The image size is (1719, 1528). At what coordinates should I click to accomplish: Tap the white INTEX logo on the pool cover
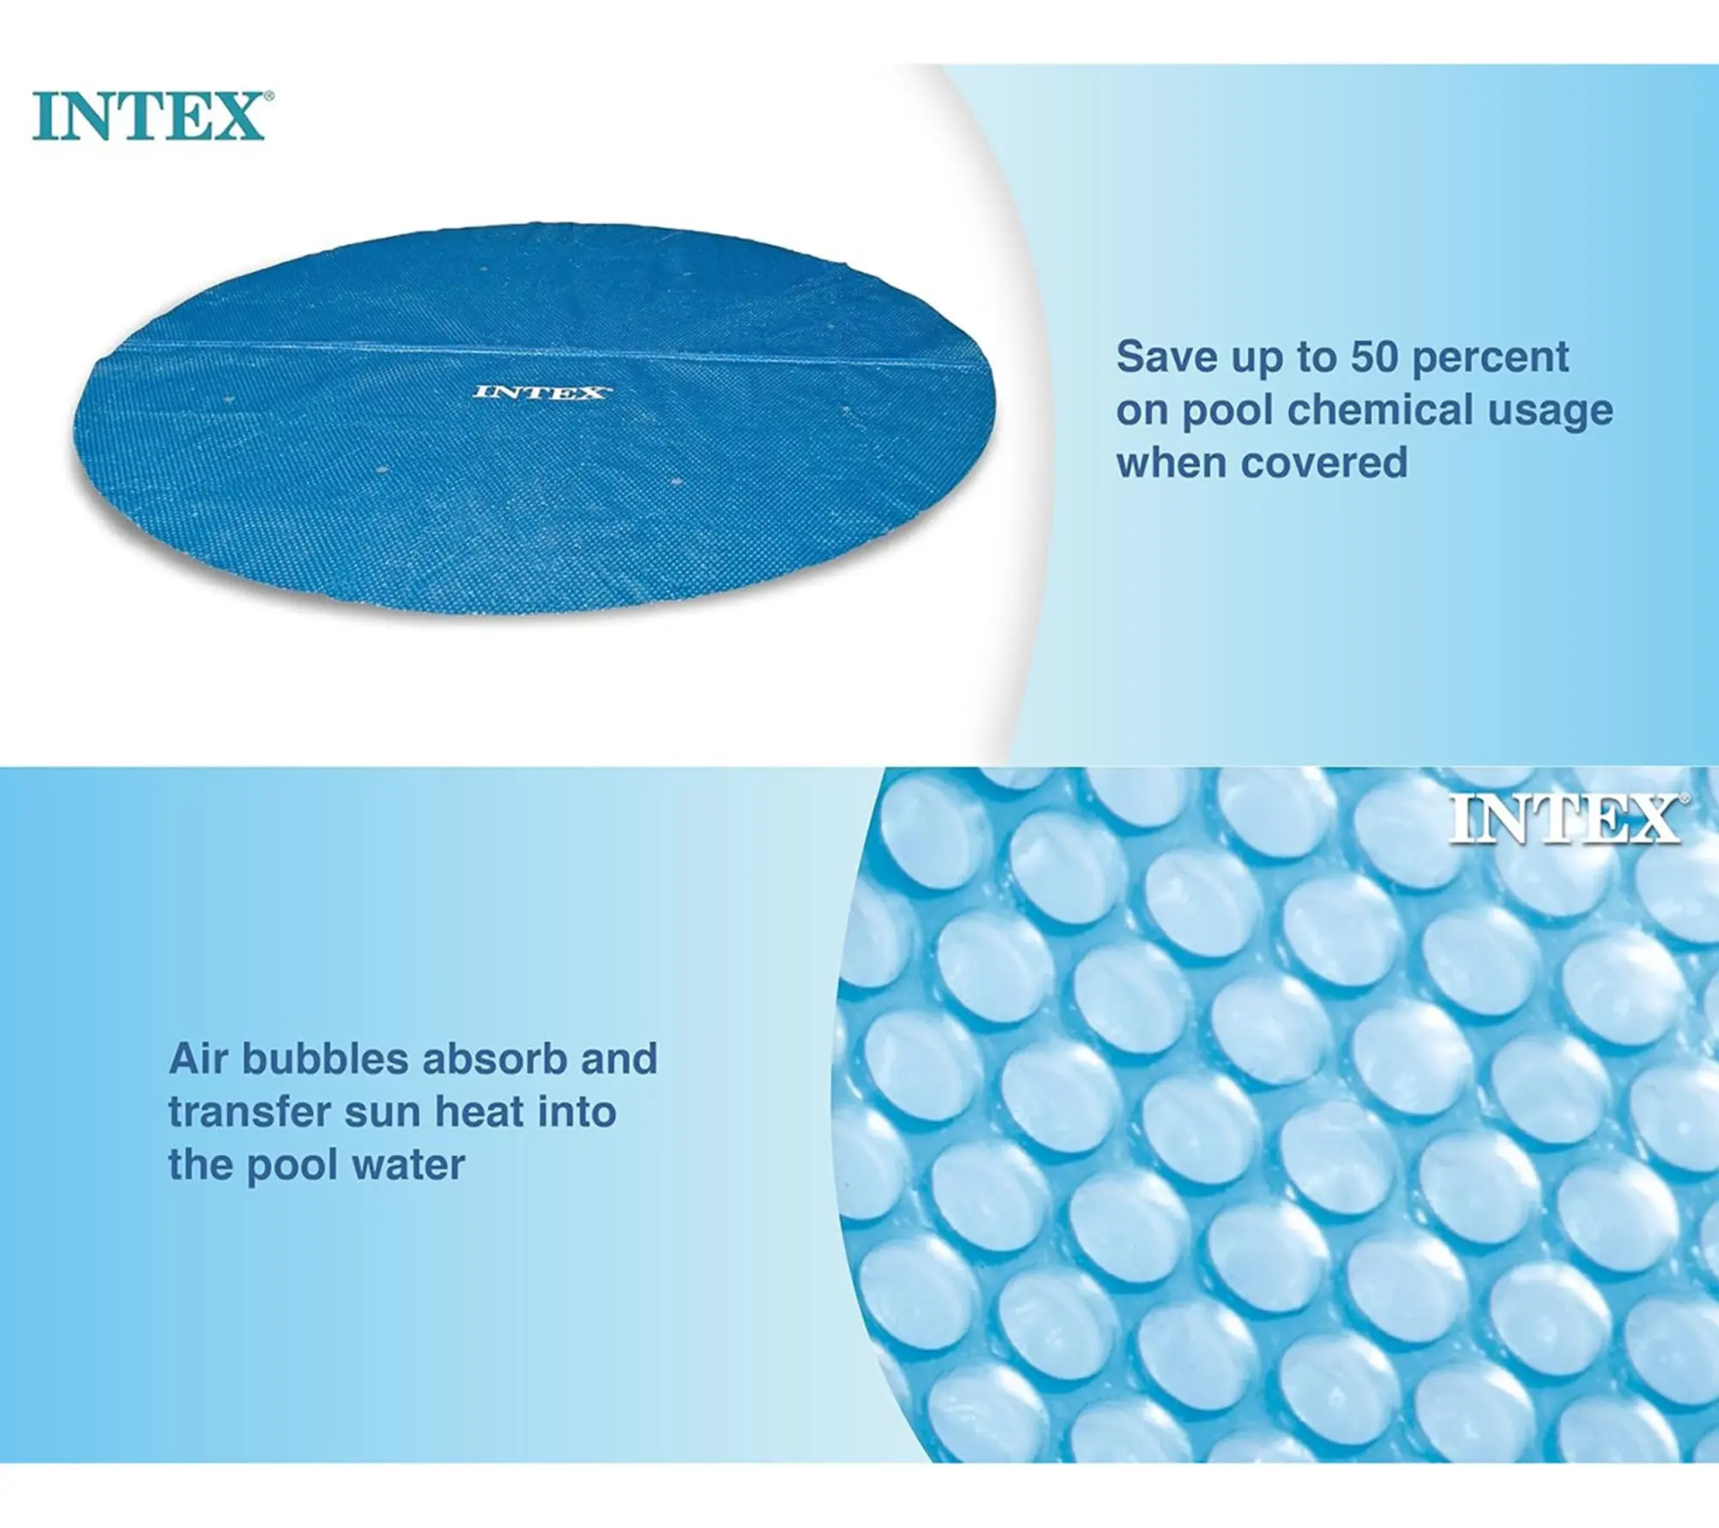click(x=541, y=393)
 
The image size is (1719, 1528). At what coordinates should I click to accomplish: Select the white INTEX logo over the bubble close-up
click(x=1567, y=819)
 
